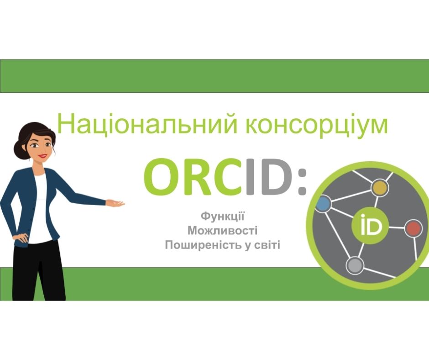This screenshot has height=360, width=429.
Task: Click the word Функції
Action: pos(222,216)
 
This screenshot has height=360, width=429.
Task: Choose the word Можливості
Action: pos(222,230)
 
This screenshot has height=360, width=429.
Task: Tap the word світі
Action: pos(267,245)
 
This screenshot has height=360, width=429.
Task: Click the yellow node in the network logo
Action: pos(380,188)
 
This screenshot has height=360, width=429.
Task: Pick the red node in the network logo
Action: pos(413,228)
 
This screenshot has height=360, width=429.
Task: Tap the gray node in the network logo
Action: pos(355,265)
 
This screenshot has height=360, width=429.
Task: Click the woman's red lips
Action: pos(43,156)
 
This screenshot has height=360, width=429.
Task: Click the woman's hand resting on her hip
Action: pos(21,237)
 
